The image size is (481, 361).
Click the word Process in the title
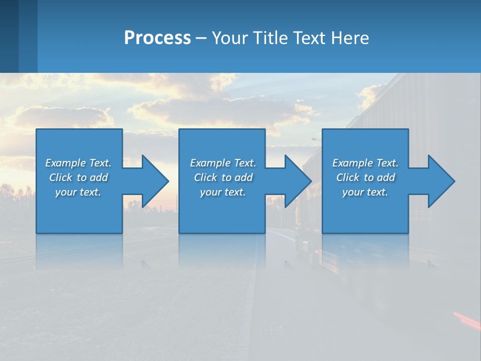[x=157, y=38]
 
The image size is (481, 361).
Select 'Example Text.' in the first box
[x=78, y=163]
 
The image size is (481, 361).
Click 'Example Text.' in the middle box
[x=223, y=163]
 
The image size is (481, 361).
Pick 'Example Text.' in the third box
[x=365, y=163]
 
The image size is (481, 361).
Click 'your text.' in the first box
[x=78, y=192]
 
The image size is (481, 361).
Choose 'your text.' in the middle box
[x=223, y=192]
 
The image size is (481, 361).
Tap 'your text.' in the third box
[x=365, y=192]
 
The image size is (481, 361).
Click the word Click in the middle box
[x=205, y=177]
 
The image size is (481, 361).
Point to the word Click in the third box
[x=348, y=177]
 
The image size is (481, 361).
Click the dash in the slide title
[x=201, y=38]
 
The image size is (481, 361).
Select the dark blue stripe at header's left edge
[x=9, y=36]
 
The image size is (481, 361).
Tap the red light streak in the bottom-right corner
[x=466, y=318]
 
